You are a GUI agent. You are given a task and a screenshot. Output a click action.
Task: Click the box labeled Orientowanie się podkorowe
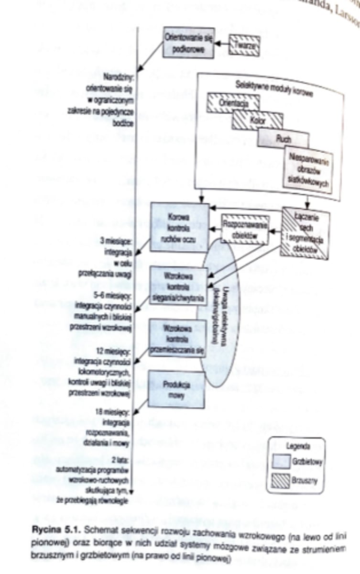(x=188, y=42)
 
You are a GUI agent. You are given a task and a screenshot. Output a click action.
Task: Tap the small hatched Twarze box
(x=244, y=45)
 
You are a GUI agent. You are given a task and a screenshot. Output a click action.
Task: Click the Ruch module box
(x=283, y=139)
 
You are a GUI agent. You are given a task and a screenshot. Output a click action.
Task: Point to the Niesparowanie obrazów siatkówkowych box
(x=307, y=169)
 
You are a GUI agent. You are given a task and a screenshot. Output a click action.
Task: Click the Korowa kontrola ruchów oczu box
(x=180, y=227)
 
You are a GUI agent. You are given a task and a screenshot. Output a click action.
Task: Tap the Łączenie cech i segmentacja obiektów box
(x=305, y=234)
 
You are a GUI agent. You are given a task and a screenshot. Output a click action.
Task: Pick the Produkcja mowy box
(x=176, y=388)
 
